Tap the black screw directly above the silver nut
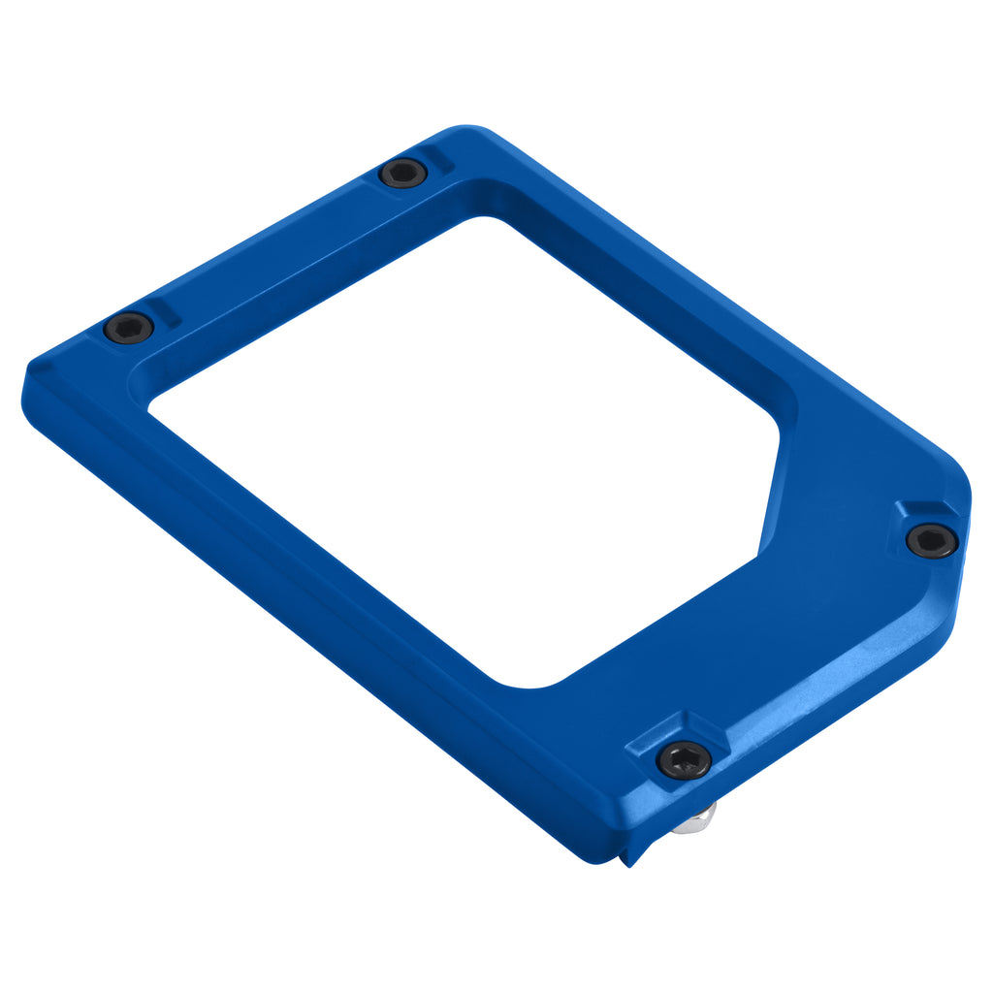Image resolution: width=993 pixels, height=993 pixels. (684, 759)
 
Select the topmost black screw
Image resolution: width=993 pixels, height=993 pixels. (402, 174)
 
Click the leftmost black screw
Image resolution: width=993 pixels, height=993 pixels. (128, 328)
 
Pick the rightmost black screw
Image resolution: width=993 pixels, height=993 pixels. (932, 540)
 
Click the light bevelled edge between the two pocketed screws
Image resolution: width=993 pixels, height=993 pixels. (824, 669)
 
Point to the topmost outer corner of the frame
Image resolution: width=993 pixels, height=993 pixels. (465, 128)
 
